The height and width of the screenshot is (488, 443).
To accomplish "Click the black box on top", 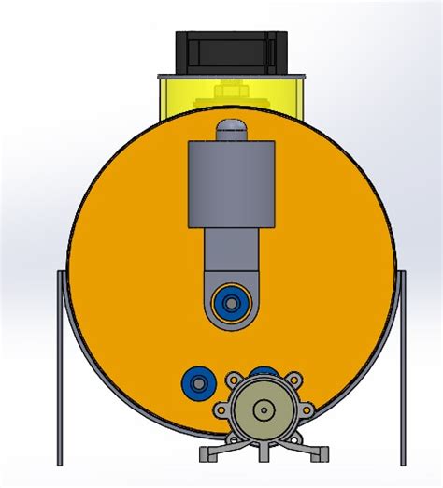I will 229,50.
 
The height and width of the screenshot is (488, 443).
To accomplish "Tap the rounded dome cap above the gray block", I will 230,130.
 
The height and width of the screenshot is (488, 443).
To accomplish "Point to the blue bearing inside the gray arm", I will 229,302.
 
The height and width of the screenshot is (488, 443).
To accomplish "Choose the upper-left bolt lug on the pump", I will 233,380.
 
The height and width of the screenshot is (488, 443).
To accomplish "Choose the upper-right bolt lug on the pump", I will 294,380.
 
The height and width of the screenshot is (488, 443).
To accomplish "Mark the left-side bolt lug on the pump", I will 221,409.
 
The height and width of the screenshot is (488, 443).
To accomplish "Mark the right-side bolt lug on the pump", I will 306,410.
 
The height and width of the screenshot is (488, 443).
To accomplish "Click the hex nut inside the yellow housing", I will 229,93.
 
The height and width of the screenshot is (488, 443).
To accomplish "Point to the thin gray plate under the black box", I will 232,75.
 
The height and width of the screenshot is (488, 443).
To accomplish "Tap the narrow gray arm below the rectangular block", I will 228,257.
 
